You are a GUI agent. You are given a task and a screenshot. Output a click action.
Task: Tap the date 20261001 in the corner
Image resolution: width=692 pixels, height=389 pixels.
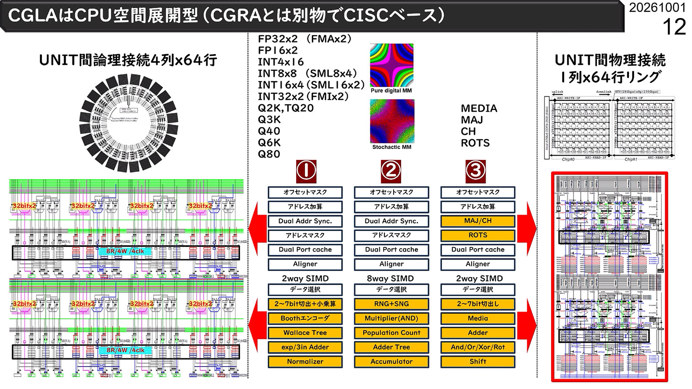pyautogui.click(x=657, y=8)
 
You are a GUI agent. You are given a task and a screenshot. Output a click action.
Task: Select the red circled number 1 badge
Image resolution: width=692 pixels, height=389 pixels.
pyautogui.click(x=306, y=171)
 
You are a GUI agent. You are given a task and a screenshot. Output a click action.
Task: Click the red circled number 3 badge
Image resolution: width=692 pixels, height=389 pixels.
pyautogui.click(x=475, y=171)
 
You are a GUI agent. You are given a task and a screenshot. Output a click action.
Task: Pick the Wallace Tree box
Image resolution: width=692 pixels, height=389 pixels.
pyautogui.click(x=305, y=333)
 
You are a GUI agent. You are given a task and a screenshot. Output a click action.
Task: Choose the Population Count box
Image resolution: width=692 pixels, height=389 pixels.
pyautogui.click(x=391, y=333)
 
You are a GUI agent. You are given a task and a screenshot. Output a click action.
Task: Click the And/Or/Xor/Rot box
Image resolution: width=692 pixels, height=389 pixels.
pyautogui.click(x=477, y=347)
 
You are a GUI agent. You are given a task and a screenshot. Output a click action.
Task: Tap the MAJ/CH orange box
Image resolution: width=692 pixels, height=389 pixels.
pyautogui.click(x=477, y=221)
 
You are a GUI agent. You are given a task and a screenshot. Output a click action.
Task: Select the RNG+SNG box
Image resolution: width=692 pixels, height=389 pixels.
pyautogui.click(x=391, y=304)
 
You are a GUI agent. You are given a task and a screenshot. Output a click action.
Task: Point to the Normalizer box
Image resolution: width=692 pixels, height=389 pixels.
pyautogui.click(x=305, y=361)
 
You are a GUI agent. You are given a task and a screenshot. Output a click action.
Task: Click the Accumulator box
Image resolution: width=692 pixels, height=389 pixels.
pyautogui.click(x=391, y=361)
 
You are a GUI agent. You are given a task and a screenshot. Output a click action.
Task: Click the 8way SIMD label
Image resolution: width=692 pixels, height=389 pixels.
pyautogui.click(x=390, y=278)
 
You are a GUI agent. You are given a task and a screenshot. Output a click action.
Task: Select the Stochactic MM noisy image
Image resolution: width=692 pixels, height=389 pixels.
pyautogui.click(x=392, y=121)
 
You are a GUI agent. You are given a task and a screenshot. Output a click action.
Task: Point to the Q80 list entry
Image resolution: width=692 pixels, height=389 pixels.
pyautogui.click(x=269, y=154)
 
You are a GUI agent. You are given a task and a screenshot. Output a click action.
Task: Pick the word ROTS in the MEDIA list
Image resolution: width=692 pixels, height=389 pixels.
pyautogui.click(x=475, y=143)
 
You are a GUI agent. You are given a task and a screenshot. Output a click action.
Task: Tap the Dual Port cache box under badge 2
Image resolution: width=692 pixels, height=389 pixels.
pyautogui.click(x=391, y=249)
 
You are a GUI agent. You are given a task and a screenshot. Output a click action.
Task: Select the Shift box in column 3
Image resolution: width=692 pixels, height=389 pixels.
pyautogui.click(x=477, y=361)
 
